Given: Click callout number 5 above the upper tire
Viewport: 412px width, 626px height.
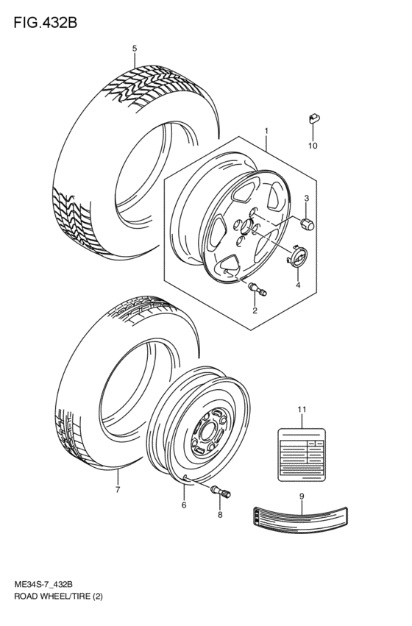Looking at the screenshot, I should click(135, 49).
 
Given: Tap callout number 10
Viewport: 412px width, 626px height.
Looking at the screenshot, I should click(312, 146).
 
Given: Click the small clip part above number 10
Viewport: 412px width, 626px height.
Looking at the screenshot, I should click(312, 118).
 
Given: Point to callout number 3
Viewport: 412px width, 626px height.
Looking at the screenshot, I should click(307, 199).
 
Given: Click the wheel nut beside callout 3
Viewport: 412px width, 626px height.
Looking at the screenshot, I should click(306, 223).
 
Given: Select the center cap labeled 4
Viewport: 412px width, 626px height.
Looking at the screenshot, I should click(298, 258).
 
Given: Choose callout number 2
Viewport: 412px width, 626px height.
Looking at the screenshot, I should click(255, 310).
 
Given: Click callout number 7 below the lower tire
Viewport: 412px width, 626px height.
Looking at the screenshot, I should click(117, 488).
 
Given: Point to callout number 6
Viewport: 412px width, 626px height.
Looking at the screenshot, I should click(184, 504).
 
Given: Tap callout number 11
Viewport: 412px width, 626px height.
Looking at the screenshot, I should click(301, 409).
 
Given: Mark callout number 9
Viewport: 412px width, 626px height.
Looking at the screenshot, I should click(301, 496).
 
